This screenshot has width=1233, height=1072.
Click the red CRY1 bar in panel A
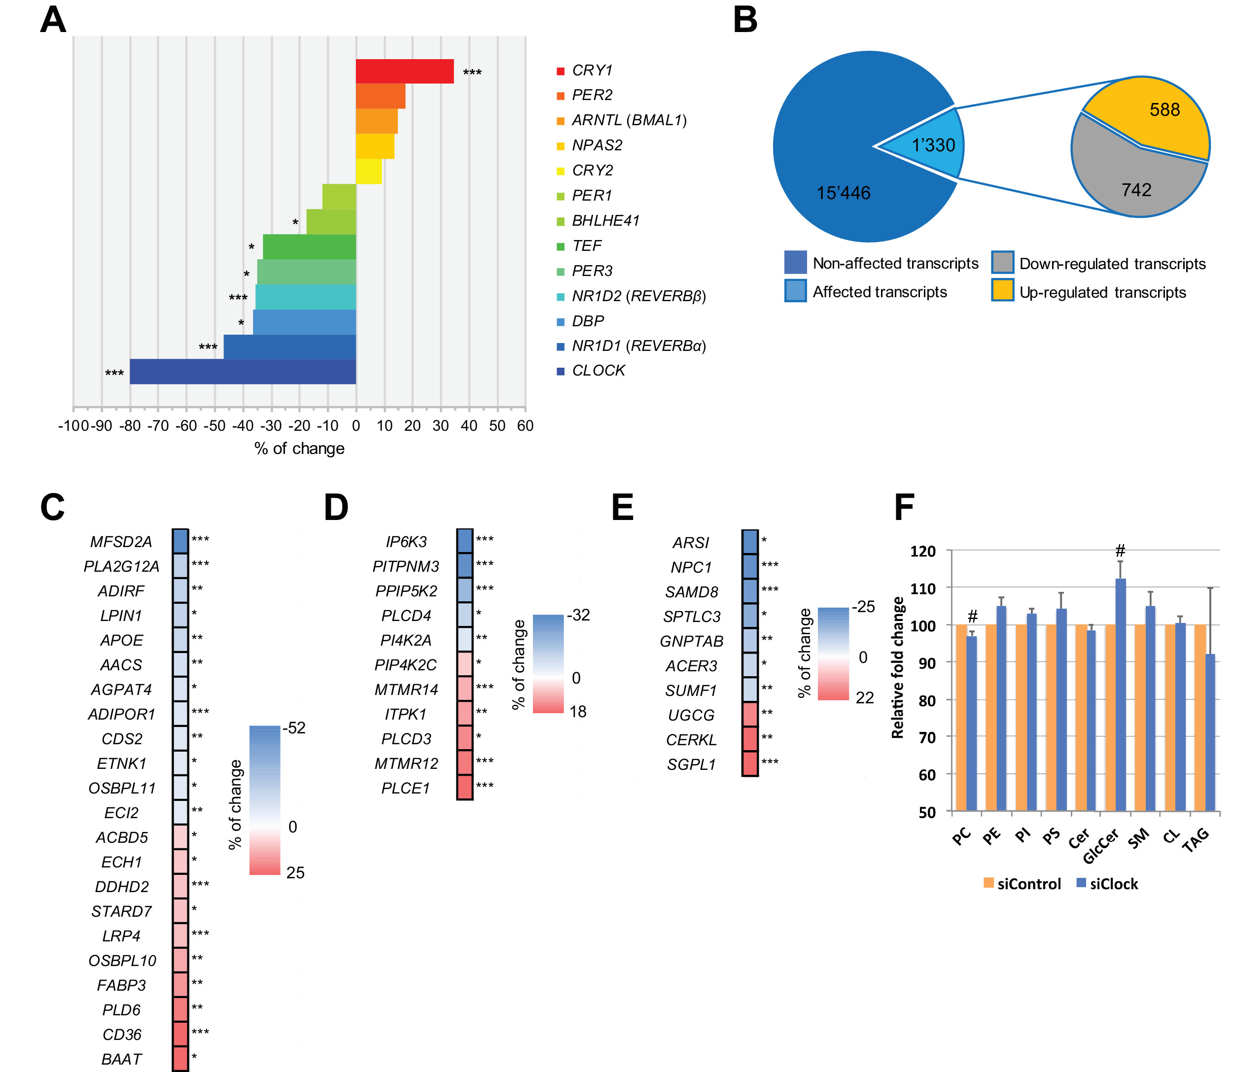click(404, 71)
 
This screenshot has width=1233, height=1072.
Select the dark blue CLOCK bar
click(242, 372)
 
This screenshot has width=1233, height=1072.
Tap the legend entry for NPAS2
click(597, 145)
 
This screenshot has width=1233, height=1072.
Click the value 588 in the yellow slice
click(1164, 110)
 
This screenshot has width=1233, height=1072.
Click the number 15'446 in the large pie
click(844, 193)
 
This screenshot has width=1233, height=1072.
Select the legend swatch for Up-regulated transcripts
click(1002, 290)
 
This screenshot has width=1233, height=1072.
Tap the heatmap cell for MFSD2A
click(180, 541)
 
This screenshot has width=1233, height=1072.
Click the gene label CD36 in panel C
click(122, 1035)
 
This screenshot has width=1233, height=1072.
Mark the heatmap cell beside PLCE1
click(465, 788)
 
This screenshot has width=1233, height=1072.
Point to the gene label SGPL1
click(691, 764)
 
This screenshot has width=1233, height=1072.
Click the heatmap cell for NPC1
click(750, 566)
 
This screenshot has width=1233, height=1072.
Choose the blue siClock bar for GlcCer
click(1121, 694)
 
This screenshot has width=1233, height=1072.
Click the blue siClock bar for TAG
click(1210, 733)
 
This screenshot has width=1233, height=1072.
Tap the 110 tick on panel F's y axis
click(922, 588)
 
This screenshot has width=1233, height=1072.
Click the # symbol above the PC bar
click(972, 616)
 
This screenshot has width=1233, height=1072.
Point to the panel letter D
click(336, 507)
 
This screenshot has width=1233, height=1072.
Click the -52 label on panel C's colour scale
click(294, 728)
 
